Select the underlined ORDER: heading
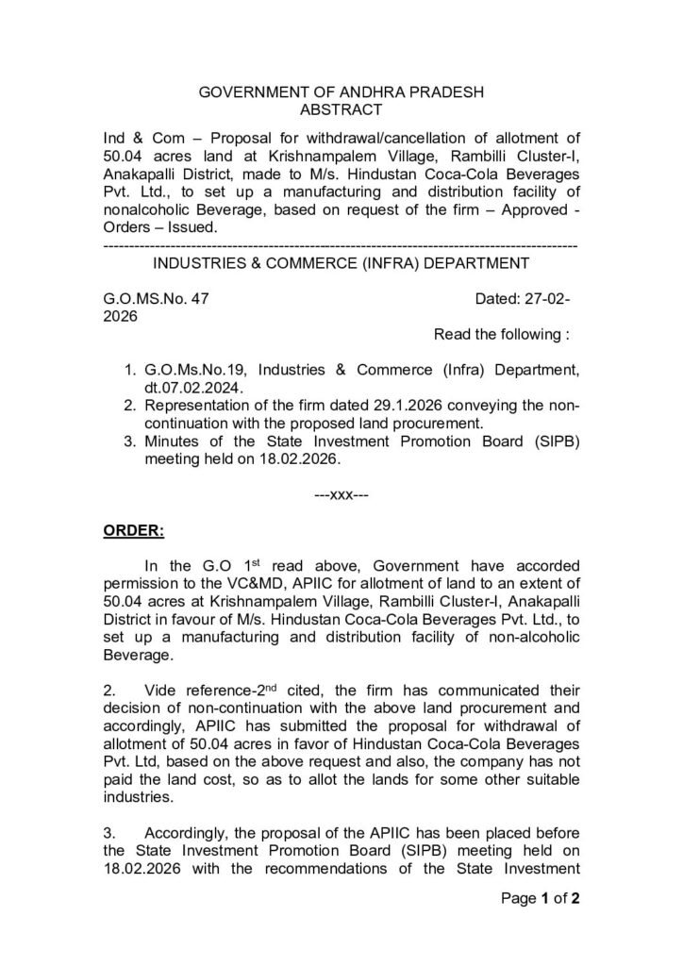pos(133,531)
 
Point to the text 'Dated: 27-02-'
pos(523,300)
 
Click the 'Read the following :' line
pos(501,334)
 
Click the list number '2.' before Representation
pos(131,406)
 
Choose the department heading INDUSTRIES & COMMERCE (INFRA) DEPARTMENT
pos(341,262)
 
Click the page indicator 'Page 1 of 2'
pos(539,898)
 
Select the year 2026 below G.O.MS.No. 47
pos(120,317)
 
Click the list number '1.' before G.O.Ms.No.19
pos(131,370)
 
